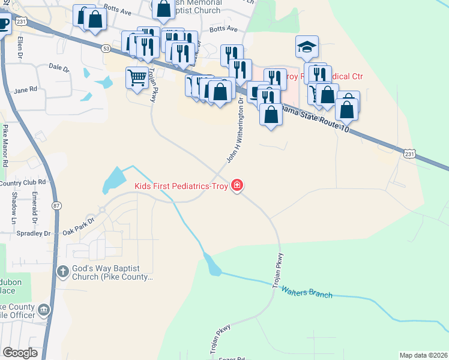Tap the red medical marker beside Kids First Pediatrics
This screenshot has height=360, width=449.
238,185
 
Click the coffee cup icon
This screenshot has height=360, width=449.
4,24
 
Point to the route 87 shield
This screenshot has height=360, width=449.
56,206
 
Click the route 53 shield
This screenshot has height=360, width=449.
106,48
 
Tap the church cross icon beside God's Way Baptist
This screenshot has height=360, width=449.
62,272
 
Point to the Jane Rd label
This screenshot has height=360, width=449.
25,90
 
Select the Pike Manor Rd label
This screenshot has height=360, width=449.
5,145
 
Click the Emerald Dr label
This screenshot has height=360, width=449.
35,204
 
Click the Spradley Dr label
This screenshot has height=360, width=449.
34,233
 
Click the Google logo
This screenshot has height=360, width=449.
20,353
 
